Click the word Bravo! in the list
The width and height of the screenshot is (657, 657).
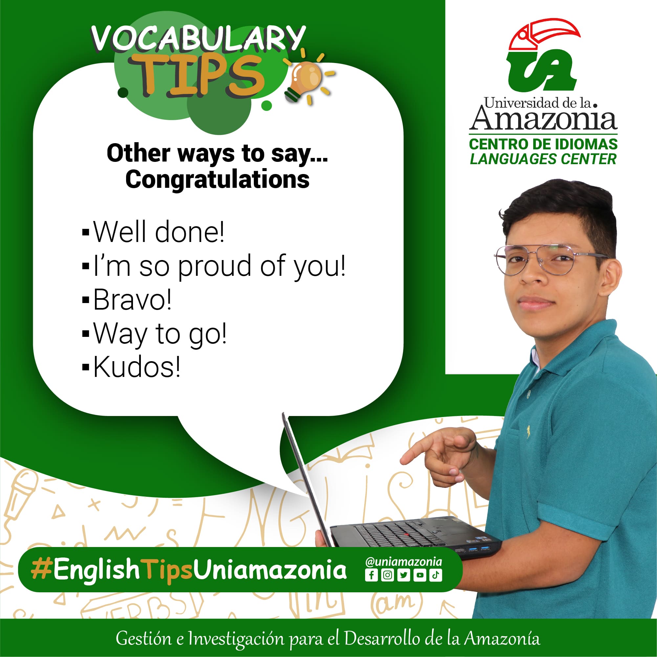tap(132, 299)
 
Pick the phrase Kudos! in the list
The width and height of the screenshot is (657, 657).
tap(137, 366)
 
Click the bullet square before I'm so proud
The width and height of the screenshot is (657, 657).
tap(86, 266)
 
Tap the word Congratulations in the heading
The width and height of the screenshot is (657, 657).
tap(218, 180)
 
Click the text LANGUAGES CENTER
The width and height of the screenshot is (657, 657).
tap(543, 159)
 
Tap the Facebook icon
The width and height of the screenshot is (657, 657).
tap(371, 575)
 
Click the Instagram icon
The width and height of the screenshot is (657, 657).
tap(387, 575)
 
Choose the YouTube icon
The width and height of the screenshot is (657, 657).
tap(420, 575)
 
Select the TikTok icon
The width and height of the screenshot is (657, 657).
tap(436, 575)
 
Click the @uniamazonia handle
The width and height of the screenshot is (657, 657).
tap(404, 561)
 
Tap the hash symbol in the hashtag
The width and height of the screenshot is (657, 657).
tap(41, 570)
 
